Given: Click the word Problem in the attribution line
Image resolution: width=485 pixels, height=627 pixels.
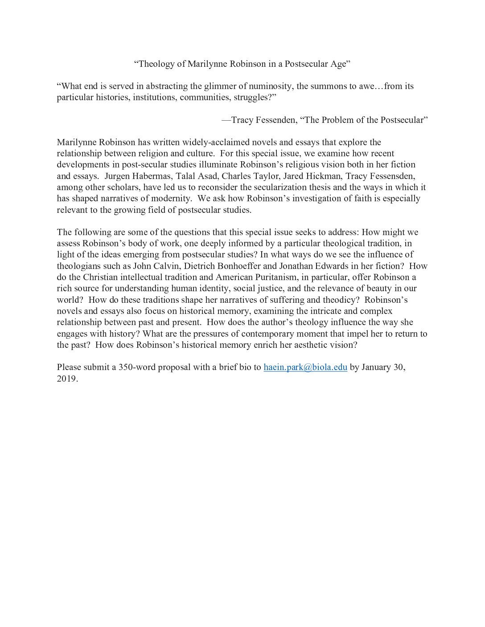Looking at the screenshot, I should [337, 120].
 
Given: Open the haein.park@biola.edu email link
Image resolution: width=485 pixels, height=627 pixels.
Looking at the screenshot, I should [305, 367].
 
